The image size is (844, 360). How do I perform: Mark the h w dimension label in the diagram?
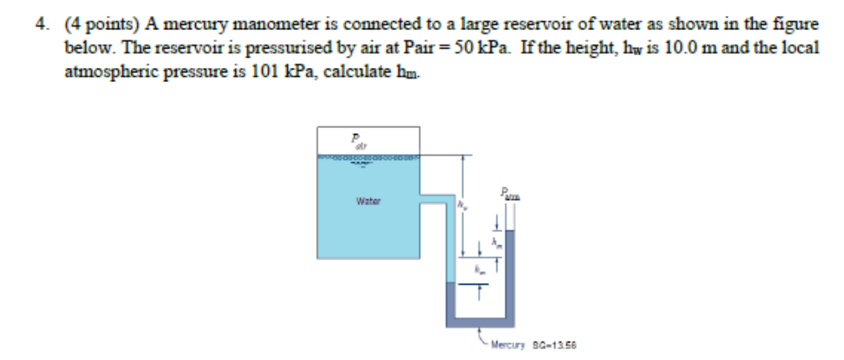[461, 203]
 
